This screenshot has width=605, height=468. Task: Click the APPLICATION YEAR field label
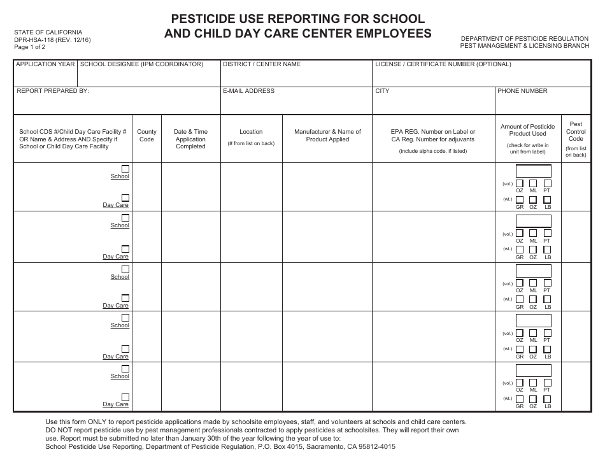tap(45, 64)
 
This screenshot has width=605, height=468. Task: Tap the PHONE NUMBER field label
tap(522, 91)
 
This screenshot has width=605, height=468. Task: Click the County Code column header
tap(146, 136)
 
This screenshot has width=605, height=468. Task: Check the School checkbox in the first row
tap(125, 169)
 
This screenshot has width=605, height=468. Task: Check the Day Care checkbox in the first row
tap(125, 197)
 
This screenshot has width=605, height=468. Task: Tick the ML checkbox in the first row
tap(533, 183)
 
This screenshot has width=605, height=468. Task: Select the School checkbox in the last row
tap(125, 369)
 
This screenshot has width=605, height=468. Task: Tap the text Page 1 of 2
tap(29, 47)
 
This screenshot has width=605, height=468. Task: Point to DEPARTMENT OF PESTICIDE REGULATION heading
tap(525, 39)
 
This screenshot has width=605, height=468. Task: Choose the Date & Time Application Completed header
tap(190, 139)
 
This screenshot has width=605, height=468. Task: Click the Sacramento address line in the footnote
tap(220, 446)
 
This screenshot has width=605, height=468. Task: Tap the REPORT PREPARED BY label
tap(52, 91)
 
